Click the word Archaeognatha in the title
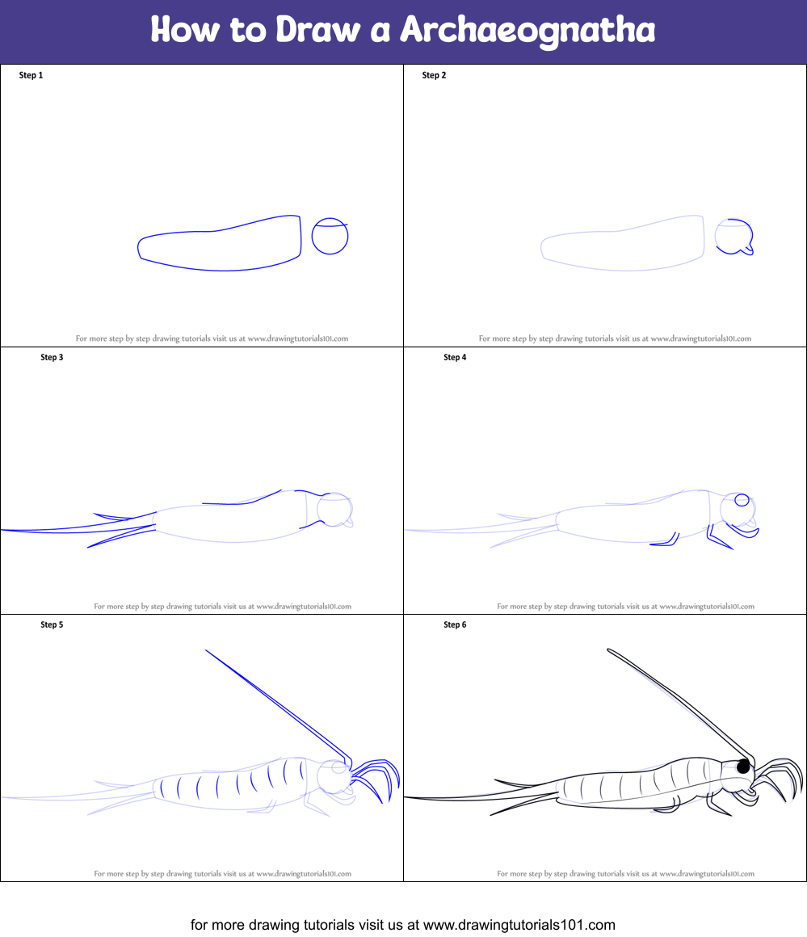527,30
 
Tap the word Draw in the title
317,29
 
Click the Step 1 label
31,75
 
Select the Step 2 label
434,75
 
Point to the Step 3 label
52,357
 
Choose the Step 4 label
455,357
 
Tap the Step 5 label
52,624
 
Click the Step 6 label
455,624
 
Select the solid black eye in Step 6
743,766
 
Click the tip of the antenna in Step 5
206,650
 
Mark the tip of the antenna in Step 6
608,649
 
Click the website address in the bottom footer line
519,925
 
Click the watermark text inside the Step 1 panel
212,338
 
